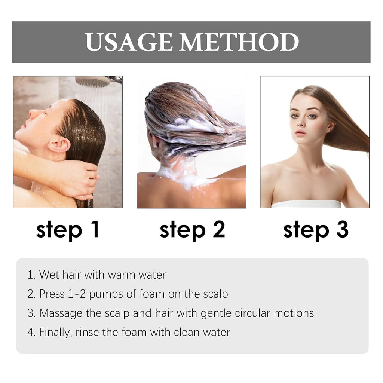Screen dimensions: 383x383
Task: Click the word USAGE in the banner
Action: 129,42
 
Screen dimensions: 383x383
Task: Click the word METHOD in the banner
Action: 239,42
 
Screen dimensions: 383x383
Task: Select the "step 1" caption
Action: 68,230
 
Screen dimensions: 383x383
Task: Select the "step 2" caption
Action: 192,230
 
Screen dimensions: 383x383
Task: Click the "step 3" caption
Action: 316,230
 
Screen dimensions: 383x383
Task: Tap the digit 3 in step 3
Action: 343,229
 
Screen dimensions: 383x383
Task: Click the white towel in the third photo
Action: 306,204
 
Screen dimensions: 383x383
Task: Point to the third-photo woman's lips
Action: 300,133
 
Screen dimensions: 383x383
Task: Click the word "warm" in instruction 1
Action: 122,275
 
